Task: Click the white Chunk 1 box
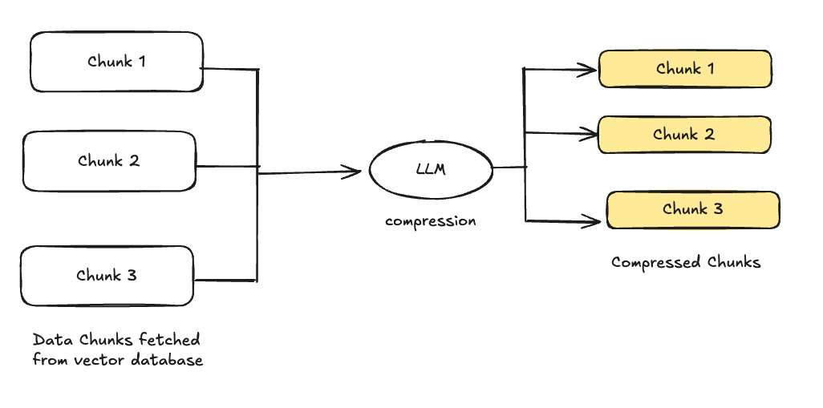pos(116,62)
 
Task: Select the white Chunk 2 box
pos(109,161)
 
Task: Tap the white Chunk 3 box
pos(107,276)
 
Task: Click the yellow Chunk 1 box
pos(685,69)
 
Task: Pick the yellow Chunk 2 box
pos(684,135)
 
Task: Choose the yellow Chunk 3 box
pos(693,210)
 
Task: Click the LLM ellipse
pos(431,170)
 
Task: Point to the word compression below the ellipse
pos(430,221)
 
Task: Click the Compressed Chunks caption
pos(685,262)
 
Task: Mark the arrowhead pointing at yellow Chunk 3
pos(595,220)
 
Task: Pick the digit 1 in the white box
pos(142,61)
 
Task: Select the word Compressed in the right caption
pos(655,262)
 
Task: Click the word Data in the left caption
pos(49,339)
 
